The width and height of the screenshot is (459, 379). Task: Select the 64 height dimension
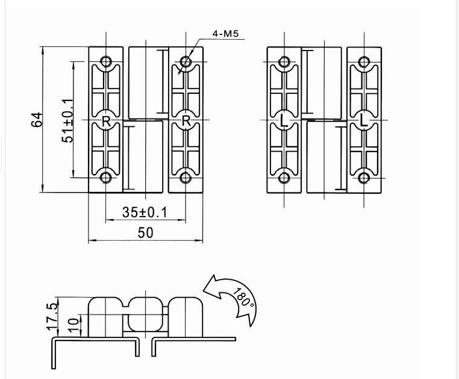(37, 119)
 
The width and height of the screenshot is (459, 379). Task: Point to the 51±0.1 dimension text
(67, 120)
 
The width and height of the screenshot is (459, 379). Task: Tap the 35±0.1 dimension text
(145, 212)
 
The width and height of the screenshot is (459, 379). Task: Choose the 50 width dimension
(145, 232)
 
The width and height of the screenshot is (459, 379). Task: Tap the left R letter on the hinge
(106, 120)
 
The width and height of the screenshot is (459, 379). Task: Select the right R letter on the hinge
(186, 120)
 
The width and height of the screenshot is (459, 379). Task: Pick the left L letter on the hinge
(284, 120)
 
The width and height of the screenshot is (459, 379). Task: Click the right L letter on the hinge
(363, 120)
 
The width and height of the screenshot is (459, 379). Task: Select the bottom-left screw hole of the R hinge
(106, 177)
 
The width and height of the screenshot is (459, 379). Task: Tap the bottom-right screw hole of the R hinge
(186, 177)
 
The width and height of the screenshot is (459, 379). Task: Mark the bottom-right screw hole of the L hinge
(363, 177)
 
